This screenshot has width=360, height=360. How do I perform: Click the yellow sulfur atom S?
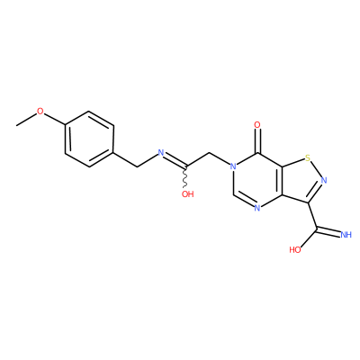(307, 157)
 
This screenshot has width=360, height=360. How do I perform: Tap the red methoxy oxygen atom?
(40, 112)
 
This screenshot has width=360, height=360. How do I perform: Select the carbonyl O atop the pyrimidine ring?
(257, 124)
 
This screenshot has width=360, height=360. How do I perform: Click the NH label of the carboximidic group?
(346, 234)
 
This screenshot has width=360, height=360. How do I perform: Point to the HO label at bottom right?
(295, 249)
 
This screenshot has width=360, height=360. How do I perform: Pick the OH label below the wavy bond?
(188, 194)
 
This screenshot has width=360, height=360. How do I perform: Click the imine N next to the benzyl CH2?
(161, 152)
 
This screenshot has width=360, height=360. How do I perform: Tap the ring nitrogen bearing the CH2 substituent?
(232, 166)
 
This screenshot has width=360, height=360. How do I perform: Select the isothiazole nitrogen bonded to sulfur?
(324, 180)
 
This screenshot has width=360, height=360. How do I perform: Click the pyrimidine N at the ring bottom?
(257, 208)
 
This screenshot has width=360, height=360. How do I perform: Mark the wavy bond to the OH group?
(186, 177)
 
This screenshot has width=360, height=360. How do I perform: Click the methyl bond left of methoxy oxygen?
(26, 120)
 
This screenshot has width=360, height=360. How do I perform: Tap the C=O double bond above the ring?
(257, 141)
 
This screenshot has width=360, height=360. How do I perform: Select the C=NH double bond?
(328, 231)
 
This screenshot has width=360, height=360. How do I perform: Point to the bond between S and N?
(316, 169)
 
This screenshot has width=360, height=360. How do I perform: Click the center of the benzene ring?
(89, 139)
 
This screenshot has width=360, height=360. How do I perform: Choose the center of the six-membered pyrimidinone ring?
(257, 180)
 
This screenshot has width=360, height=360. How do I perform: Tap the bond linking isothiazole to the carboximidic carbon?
(312, 217)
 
